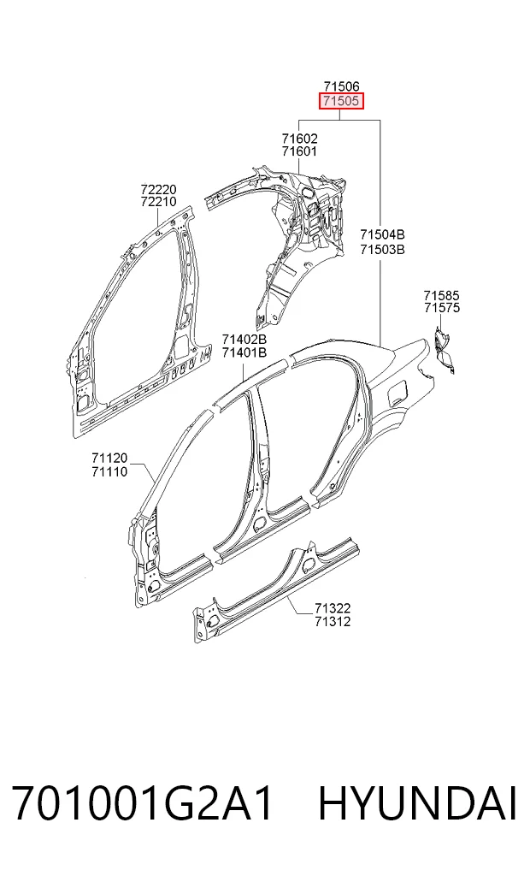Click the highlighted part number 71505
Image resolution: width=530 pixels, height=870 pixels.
pos(341,101)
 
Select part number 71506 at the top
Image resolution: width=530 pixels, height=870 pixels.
pos(341,86)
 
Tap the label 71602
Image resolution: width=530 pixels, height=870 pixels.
pos(299,139)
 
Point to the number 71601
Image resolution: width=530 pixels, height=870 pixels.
pos(299,151)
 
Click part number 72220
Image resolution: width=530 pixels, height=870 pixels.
pos(158,189)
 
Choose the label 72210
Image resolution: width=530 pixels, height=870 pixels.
pos(158,201)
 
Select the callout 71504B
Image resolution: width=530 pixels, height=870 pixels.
pos(382,234)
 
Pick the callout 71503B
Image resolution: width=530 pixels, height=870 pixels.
pos(382,250)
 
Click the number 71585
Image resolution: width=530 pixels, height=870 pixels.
pos(442,295)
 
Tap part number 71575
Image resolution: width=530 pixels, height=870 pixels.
pos(442,308)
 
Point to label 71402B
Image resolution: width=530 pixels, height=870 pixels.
pos(244,339)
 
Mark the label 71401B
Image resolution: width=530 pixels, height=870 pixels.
pos(244,352)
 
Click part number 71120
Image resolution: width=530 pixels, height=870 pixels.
pos(109,459)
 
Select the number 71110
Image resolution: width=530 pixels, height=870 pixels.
pos(109,471)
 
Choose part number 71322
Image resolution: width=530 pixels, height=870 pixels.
pos(333,609)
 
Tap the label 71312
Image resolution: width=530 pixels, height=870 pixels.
pos(333,621)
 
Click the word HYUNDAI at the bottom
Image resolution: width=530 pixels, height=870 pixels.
pos(417,803)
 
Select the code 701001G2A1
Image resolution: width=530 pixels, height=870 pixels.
pos(142,803)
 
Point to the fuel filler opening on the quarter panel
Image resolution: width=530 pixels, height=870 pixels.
pos(398,391)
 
